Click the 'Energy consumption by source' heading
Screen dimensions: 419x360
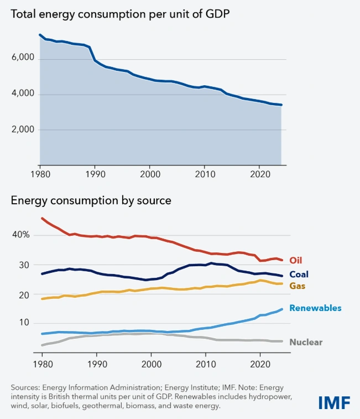pyautogui.click(x=91, y=200)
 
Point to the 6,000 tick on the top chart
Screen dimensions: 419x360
pyautogui.click(x=23, y=58)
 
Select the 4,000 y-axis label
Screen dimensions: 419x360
pyautogui.click(x=23, y=94)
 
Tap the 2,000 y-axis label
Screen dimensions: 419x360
pyautogui.click(x=23, y=130)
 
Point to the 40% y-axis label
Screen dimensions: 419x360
pyautogui.click(x=21, y=235)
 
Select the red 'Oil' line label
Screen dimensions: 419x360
pyautogui.click(x=296, y=260)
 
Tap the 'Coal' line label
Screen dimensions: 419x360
pyautogui.click(x=299, y=274)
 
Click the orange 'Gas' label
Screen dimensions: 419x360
pyautogui.click(x=298, y=286)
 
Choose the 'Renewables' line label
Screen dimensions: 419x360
pyautogui.click(x=315, y=308)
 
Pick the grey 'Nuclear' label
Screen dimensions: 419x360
pyautogui.click(x=306, y=342)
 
